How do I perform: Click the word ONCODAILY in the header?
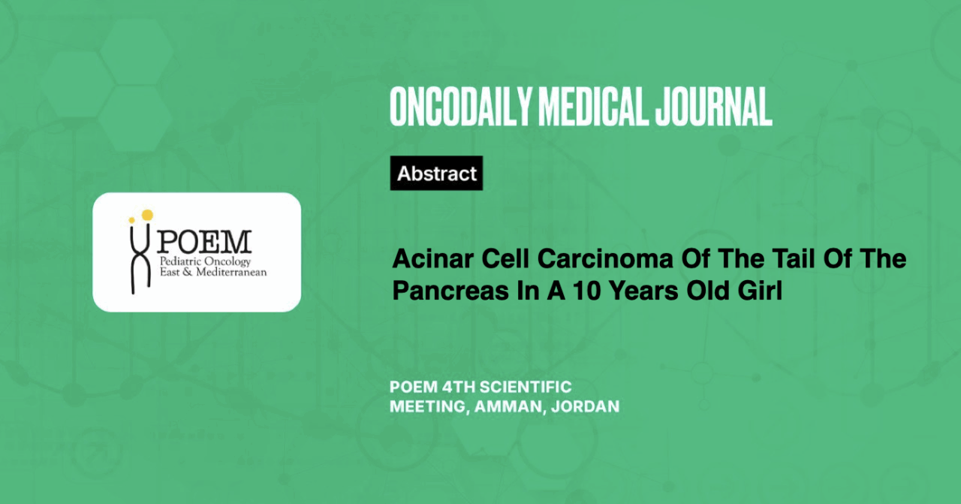tap(461, 107)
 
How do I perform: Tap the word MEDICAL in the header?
tap(592, 107)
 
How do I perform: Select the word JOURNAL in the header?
tap(713, 107)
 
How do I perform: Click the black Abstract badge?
tap(436, 173)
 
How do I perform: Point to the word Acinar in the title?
tap(433, 259)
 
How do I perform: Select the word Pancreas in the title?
tap(450, 291)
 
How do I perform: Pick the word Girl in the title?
tap(760, 291)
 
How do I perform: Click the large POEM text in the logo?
tap(203, 242)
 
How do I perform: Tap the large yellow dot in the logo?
tap(147, 215)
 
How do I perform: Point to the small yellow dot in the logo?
tap(131, 220)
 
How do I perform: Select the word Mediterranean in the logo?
tap(231, 272)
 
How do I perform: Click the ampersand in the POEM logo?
tap(187, 272)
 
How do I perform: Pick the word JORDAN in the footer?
tap(585, 406)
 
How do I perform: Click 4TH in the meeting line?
tap(458, 388)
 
